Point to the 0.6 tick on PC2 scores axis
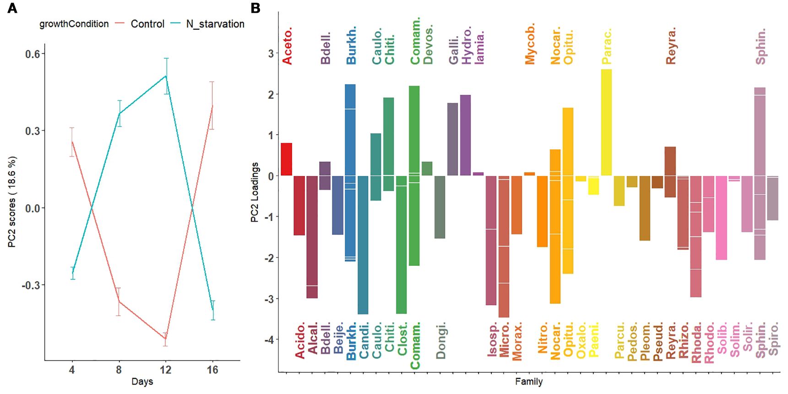[33, 54]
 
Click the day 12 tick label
[165, 370]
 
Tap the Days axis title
[142, 382]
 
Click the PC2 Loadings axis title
[255, 192]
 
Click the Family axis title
[528, 382]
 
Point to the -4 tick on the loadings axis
[270, 340]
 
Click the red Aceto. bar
[287, 159]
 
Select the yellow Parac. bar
[606, 122]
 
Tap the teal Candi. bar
[363, 245]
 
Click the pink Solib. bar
[721, 218]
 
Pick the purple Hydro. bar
[465, 135]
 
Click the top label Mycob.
[530, 44]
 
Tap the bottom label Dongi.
[440, 340]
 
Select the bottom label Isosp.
[492, 339]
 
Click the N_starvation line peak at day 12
[166, 76]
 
